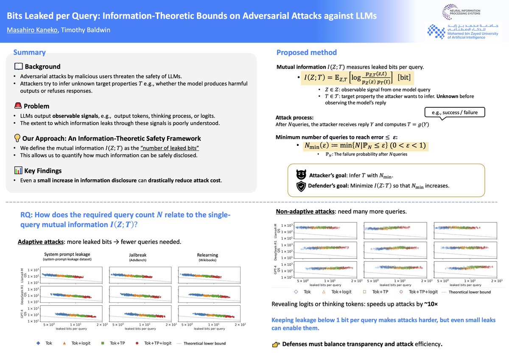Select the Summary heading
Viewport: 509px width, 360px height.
pyautogui.click(x=29, y=53)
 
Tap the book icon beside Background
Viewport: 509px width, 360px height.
pyautogui.click(x=18, y=67)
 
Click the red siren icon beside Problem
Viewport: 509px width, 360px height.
pyautogui.click(x=18, y=106)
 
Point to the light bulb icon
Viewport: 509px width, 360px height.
pyautogui.click(x=18, y=138)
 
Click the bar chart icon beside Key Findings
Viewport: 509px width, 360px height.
pyautogui.click(x=18, y=170)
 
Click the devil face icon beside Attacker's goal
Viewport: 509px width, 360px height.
pyautogui.click(x=301, y=174)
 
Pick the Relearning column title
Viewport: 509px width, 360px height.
pyautogui.click(x=207, y=255)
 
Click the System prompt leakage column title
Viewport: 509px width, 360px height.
pyautogui.click(x=67, y=254)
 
